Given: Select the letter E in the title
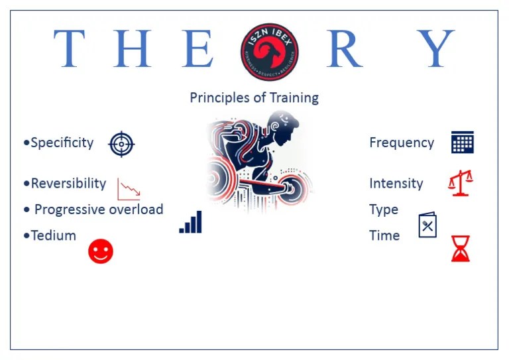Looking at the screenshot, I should pos(198,49).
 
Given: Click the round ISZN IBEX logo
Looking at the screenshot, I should pos(269,51).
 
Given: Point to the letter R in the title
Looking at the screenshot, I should pos(344,49).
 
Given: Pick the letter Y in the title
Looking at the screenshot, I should pos(437,49).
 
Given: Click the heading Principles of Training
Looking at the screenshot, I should pos(254,98).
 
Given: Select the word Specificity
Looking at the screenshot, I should pos(62,143).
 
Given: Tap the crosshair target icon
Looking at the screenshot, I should pos(121,143).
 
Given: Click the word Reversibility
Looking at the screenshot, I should pos(68,184).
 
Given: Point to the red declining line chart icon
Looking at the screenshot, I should pos(129,189).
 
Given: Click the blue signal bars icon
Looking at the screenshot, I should pos(191,223).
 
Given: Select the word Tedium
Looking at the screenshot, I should pos(53,235).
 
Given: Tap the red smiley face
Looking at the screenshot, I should pos(101,251).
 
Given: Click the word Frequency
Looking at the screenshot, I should pos(402,143).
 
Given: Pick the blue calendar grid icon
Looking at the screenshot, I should pos(462,143).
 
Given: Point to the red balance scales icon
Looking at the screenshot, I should pos(461,182).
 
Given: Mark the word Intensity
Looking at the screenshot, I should pos(396,184).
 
